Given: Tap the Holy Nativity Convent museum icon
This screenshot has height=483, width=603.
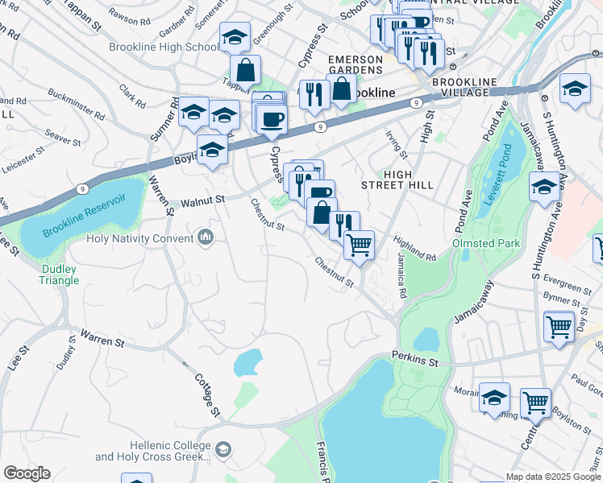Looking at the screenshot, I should coord(206,237).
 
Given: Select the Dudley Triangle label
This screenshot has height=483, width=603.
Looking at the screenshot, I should coord(60,275).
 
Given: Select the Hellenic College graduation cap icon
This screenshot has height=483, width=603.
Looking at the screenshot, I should coord(222,449).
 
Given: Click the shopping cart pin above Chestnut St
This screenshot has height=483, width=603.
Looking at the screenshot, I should coord(359,244).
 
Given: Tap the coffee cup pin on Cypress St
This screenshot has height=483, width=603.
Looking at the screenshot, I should coord(271,119).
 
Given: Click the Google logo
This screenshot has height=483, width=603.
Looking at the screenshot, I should coord(27,473).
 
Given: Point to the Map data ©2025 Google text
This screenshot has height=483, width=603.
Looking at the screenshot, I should coord(554,477).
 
